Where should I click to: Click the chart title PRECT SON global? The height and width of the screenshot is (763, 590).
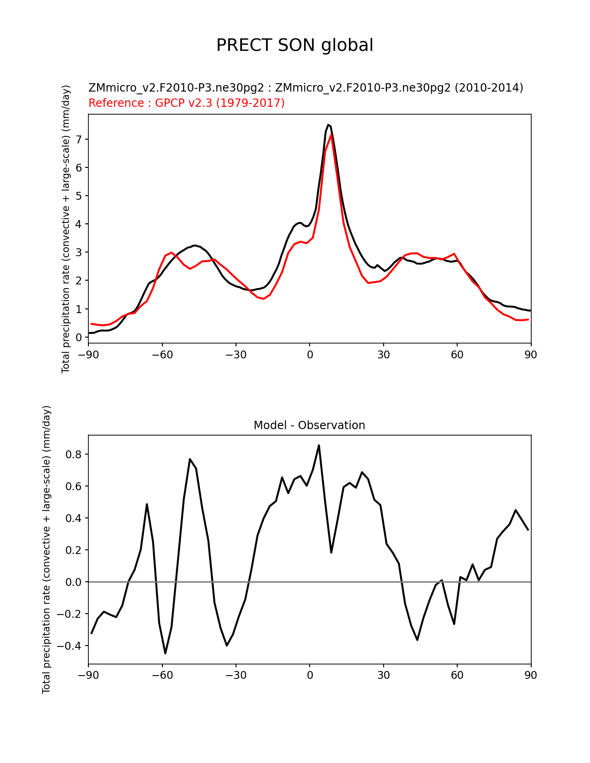[x=294, y=45]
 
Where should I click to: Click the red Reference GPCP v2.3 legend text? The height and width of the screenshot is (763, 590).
[x=186, y=103]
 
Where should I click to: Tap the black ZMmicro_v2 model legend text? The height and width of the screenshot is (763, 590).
[x=306, y=87]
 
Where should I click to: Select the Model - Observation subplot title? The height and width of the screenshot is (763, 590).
[x=309, y=425]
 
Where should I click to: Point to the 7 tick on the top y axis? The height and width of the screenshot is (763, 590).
[x=79, y=139]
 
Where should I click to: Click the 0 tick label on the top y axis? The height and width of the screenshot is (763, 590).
[x=79, y=337]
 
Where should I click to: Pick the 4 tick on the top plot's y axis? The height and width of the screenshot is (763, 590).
[x=79, y=224]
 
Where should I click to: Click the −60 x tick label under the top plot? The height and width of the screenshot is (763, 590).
[x=162, y=355]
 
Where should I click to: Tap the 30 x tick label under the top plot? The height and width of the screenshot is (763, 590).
[x=383, y=355]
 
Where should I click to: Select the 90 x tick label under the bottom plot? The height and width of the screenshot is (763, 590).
[x=531, y=675]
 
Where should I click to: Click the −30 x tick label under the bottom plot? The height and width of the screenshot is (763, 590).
[x=236, y=675]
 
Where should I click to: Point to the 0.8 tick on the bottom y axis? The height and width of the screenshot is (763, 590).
[x=74, y=455]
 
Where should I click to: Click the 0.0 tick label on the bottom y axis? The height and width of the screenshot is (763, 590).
[x=74, y=582]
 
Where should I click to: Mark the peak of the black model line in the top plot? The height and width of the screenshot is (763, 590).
[x=328, y=125]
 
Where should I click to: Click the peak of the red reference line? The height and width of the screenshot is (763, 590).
[x=331, y=135]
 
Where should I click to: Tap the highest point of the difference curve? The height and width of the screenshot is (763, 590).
[x=319, y=445]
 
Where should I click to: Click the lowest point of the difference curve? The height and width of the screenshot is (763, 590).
[x=165, y=653]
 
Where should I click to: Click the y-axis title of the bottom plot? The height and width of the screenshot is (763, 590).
[x=46, y=549]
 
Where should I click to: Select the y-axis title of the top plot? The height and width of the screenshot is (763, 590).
[x=66, y=229]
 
